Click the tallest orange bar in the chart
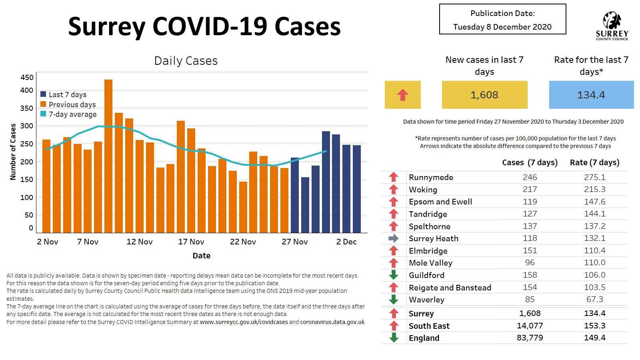108,156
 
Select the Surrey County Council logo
612,26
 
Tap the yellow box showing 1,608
484,95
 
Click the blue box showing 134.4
591,95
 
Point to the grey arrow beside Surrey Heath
394,238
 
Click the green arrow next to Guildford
394,275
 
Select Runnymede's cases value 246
530,177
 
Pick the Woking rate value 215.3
594,189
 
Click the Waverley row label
426,300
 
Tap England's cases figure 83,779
530,338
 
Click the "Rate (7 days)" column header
594,162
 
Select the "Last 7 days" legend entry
68,95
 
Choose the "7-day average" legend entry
72,114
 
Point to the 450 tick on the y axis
27,77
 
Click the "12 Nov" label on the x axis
139,242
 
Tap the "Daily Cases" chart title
186,61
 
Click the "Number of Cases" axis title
13,152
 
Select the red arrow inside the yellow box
402,95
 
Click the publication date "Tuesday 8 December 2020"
502,27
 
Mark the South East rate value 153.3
594,326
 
